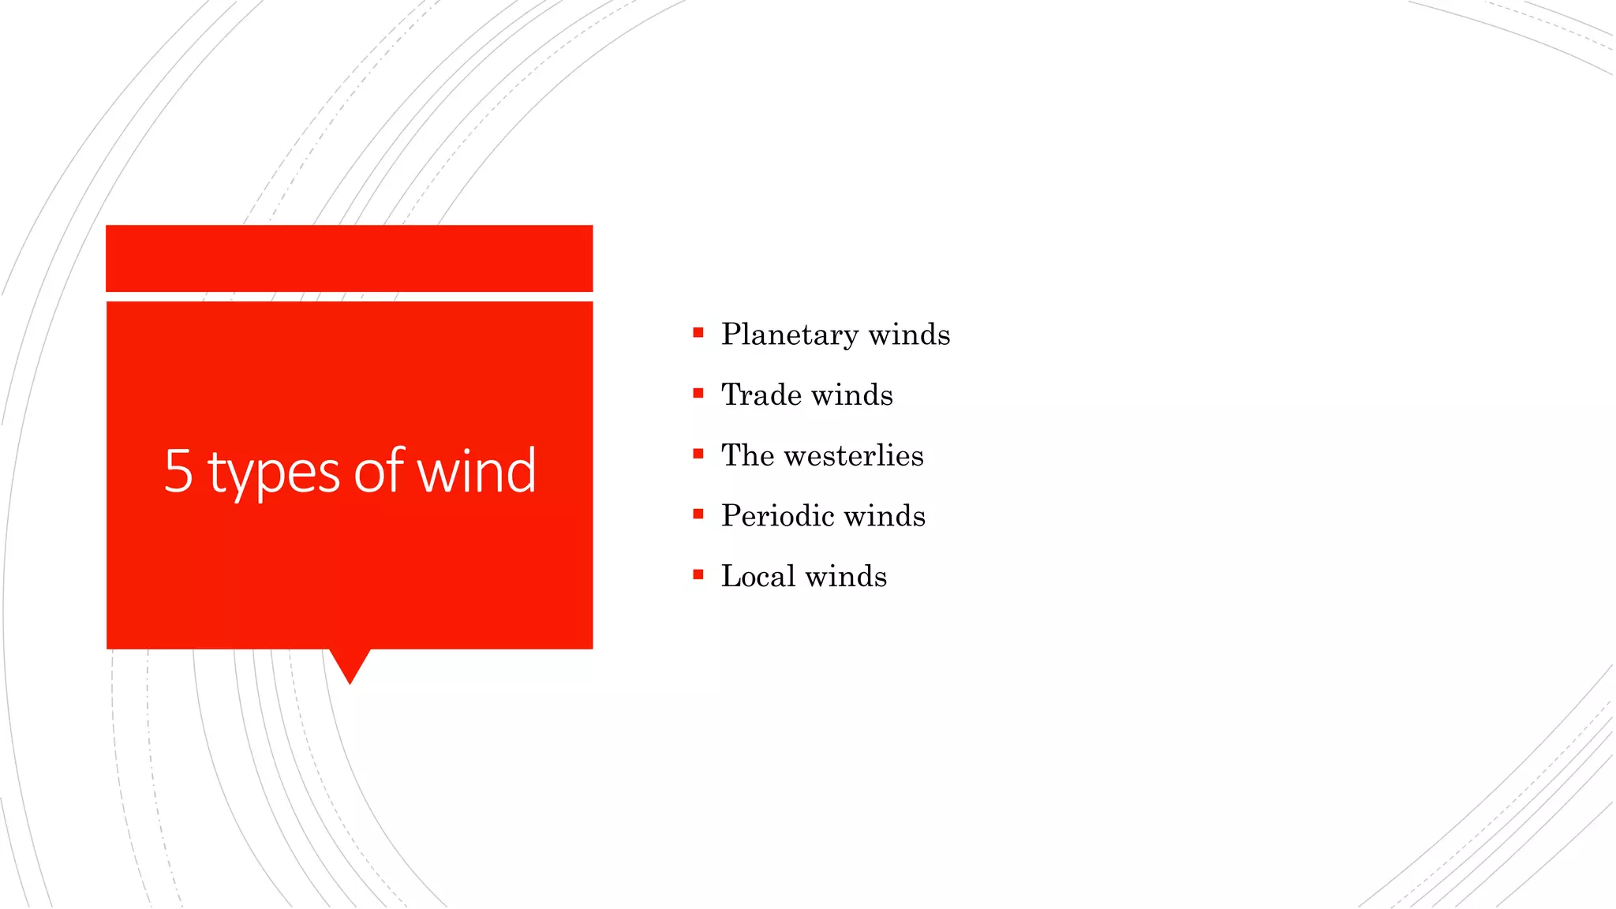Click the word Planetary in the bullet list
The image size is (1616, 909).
point(789,335)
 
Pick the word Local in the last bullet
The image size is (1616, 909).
point(757,576)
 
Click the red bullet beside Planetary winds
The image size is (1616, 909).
point(698,333)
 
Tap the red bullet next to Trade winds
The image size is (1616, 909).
point(698,393)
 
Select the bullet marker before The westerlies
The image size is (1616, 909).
point(698,454)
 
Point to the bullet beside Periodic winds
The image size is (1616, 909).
point(698,514)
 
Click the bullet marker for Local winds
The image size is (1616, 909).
point(698,574)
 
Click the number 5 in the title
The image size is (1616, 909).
point(178,471)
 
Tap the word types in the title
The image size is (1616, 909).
point(274,473)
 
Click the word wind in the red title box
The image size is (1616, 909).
point(476,471)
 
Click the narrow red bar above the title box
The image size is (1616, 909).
point(349,258)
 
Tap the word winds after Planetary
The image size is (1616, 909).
point(909,335)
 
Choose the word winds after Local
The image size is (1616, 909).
point(846,576)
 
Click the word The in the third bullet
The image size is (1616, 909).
point(747,455)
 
